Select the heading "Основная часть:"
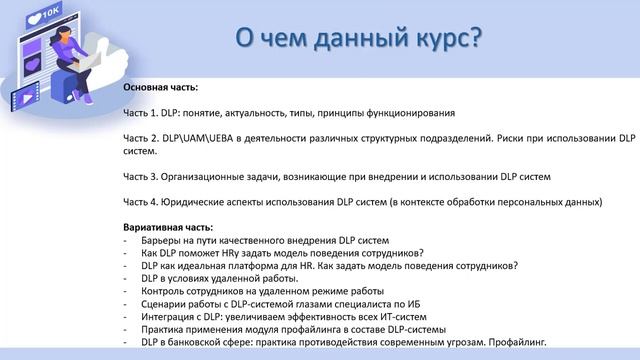pyautogui.click(x=161, y=88)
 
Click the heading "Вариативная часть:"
pyautogui.click(x=169, y=227)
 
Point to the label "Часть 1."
pyautogui.click(x=146, y=113)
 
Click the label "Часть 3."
pyautogui.click(x=146, y=176)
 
